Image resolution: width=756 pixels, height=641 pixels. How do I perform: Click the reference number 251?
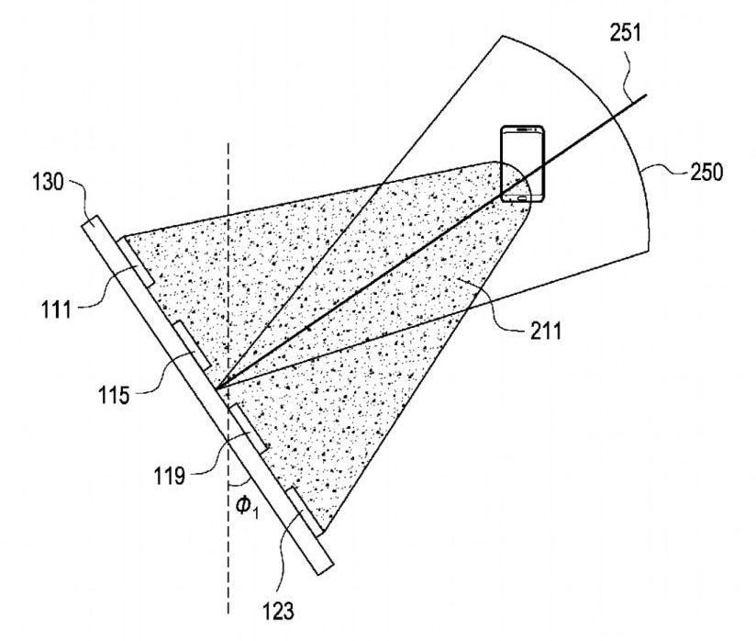[626, 34]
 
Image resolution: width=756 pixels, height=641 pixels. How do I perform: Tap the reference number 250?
[706, 173]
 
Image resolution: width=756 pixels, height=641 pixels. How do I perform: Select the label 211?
[546, 332]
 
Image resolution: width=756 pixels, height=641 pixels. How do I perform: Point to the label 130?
[48, 183]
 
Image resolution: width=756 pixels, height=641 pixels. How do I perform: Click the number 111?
[56, 309]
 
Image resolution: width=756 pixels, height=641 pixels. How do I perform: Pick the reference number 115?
[115, 396]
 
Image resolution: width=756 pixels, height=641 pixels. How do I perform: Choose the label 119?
[169, 476]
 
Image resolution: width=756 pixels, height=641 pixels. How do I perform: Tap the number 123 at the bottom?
[278, 611]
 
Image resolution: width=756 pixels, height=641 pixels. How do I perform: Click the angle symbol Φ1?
[247, 507]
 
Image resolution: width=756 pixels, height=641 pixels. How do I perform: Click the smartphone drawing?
[523, 164]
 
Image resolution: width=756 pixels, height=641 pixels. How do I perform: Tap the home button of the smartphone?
[523, 197]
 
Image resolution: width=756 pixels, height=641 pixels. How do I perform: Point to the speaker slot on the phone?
[523, 129]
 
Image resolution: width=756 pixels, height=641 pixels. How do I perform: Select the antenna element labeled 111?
[136, 262]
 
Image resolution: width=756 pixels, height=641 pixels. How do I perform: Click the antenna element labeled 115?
[192, 345]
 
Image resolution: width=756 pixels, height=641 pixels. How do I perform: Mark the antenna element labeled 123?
[305, 512]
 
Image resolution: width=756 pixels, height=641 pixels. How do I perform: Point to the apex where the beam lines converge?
[217, 388]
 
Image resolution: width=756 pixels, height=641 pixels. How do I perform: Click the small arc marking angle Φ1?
[239, 483]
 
